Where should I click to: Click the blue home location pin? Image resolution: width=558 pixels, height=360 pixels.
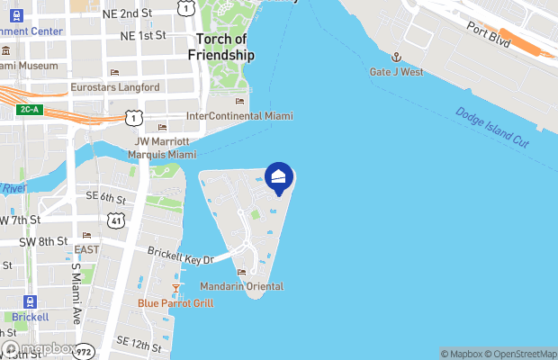[x=279, y=177]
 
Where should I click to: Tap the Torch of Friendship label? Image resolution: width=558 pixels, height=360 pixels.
[x=220, y=48]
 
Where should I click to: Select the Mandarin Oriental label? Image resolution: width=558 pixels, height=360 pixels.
[x=242, y=286]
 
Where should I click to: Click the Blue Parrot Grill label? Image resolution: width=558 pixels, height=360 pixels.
[x=175, y=303]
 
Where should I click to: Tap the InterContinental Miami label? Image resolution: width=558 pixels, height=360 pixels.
[x=239, y=116]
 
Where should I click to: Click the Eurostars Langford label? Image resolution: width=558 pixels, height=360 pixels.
[x=115, y=87]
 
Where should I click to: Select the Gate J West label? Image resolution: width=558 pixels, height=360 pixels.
[x=396, y=71]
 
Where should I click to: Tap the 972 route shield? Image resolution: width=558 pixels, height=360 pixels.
[x=84, y=349]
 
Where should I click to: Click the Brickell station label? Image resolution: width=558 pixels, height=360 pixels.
[x=31, y=317]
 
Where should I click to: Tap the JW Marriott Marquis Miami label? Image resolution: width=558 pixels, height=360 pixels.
[x=163, y=148]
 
